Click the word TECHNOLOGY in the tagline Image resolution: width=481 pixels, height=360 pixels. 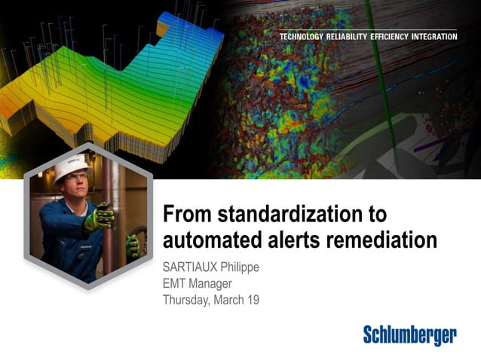click(305, 36)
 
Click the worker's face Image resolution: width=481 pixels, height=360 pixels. click(71, 188)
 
